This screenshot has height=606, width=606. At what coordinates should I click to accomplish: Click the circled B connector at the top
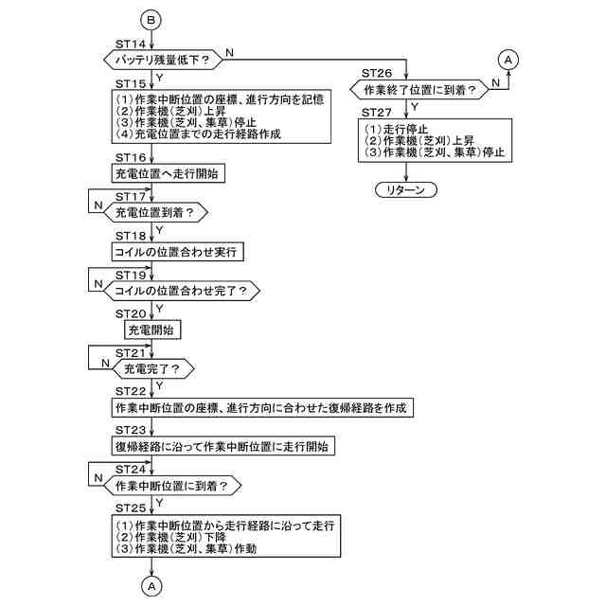(x=151, y=18)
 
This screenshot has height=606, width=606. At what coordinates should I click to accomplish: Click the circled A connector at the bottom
(x=151, y=586)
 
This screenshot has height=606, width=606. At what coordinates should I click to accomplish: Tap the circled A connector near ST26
(x=508, y=60)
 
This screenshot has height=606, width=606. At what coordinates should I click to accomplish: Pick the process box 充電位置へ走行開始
(x=169, y=174)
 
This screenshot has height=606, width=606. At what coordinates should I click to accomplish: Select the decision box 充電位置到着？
(x=160, y=214)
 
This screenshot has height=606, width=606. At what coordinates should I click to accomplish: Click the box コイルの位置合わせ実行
(x=175, y=252)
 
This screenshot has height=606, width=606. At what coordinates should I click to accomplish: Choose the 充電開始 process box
(x=152, y=330)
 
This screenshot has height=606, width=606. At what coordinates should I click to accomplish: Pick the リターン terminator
(x=406, y=189)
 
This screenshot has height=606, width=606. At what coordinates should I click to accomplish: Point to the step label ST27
(x=378, y=112)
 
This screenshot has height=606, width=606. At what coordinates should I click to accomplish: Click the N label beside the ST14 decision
(x=230, y=50)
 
